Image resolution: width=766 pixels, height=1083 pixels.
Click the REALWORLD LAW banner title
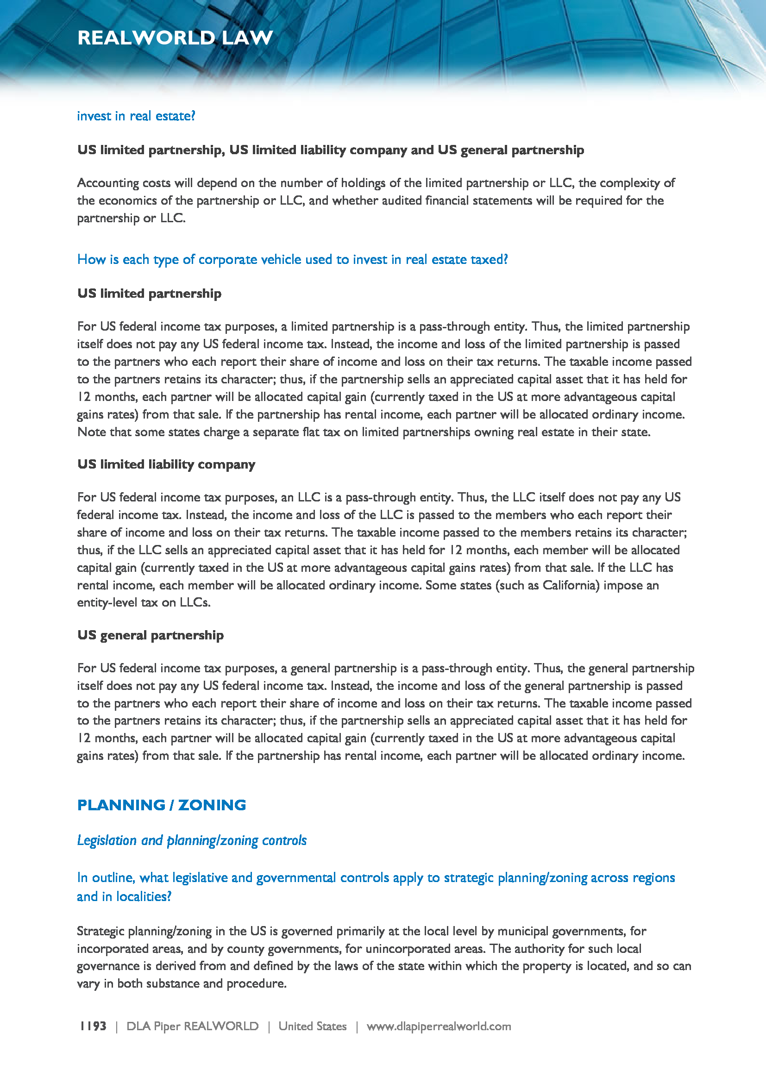pyautogui.click(x=175, y=38)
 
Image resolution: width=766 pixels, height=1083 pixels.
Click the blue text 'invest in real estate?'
pyautogui.click(x=136, y=116)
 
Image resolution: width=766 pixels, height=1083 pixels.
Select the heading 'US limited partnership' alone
pyautogui.click(x=149, y=294)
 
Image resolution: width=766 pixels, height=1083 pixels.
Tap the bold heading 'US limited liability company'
pyautogui.click(x=166, y=464)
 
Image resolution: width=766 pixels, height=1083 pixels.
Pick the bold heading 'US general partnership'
pyautogui.click(x=151, y=635)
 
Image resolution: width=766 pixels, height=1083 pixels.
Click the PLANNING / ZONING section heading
pyautogui.click(x=161, y=805)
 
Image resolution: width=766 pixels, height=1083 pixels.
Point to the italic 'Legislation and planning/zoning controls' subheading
pyautogui.click(x=192, y=840)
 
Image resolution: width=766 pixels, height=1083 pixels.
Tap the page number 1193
pyautogui.click(x=93, y=1026)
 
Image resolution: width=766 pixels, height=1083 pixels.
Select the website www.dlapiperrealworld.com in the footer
pyautogui.click(x=439, y=1026)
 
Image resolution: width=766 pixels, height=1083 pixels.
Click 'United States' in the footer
pyautogui.click(x=312, y=1026)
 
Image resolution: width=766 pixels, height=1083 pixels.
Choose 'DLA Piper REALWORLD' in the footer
pyautogui.click(x=193, y=1026)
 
